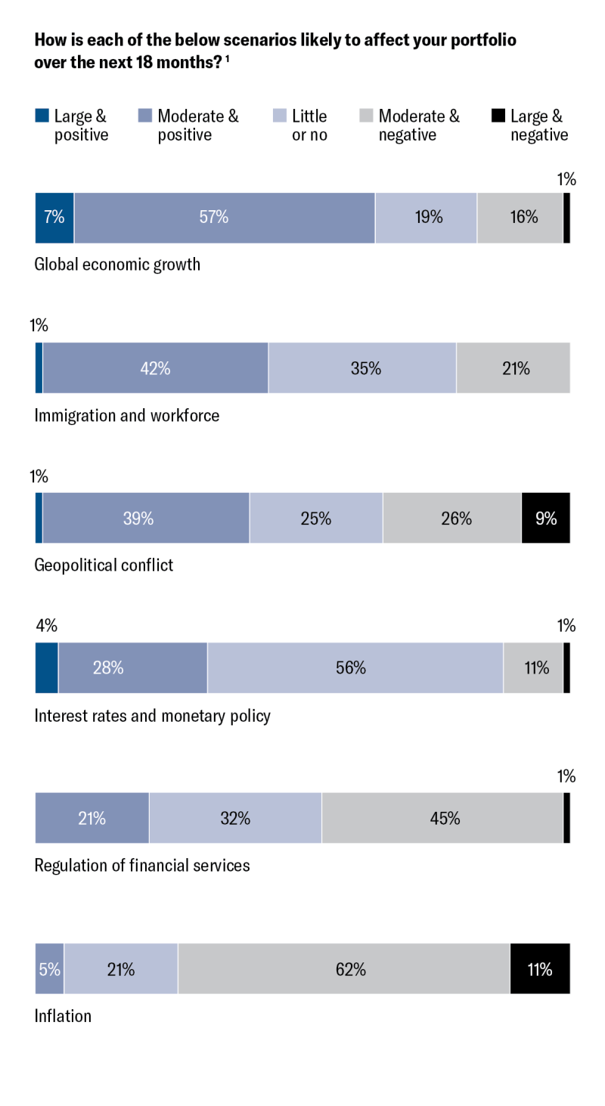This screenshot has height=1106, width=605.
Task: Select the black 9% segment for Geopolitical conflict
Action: (x=545, y=518)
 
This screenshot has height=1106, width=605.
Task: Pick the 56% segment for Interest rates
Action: (x=355, y=668)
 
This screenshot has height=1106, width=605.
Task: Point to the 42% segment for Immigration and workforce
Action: (x=155, y=368)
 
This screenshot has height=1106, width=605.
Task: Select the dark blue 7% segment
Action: (x=54, y=218)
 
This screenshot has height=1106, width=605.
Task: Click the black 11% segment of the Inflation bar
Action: (x=540, y=968)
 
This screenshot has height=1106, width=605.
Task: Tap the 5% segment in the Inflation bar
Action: (x=49, y=968)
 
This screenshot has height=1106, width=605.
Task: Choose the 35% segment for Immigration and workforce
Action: (x=362, y=368)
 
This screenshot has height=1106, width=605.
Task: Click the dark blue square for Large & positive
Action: (x=42, y=116)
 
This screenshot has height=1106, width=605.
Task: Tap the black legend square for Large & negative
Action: (x=498, y=116)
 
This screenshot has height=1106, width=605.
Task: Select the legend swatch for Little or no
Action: (x=278, y=116)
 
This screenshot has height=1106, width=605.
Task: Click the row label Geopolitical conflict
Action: (x=104, y=565)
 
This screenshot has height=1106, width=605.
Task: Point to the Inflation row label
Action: (x=63, y=1015)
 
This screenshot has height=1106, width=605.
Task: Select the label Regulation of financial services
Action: (x=142, y=865)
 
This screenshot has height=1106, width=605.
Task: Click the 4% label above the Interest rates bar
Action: (x=46, y=626)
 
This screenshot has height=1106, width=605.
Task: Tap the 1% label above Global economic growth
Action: (x=566, y=179)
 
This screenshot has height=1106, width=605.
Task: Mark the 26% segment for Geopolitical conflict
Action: (x=452, y=518)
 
